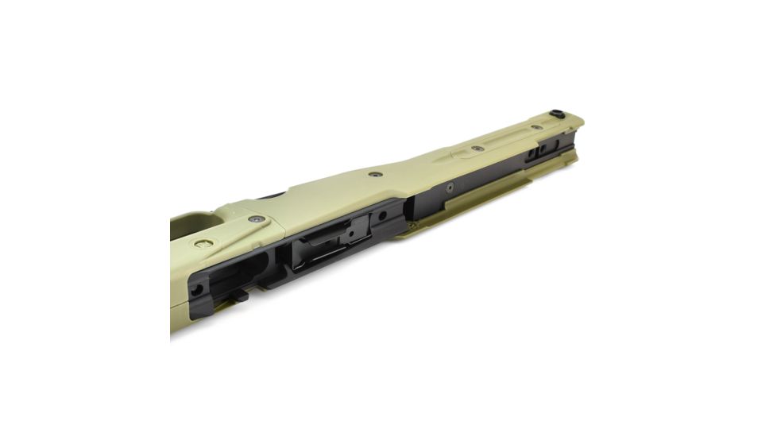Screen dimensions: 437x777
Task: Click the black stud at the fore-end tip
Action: (x=558, y=114)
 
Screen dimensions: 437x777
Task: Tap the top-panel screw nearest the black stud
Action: (x=537, y=127)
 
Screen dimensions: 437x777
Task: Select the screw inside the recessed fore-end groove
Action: (x=477, y=148)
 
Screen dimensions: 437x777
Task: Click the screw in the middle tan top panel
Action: (x=375, y=174)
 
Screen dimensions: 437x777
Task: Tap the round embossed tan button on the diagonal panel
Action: (x=204, y=243)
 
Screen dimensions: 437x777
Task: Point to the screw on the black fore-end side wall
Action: (x=450, y=188)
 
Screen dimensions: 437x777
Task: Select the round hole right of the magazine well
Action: (x=382, y=215)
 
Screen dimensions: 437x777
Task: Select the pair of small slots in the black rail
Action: (x=538, y=150)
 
